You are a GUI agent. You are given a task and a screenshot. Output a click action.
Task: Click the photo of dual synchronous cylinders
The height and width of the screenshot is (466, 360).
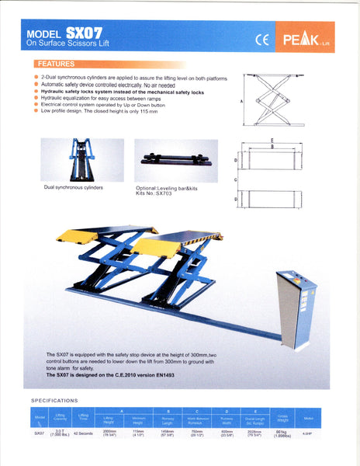pyautogui.click(x=81, y=160)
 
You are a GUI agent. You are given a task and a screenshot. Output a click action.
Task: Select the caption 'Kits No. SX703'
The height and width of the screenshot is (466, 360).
pyautogui.click(x=154, y=193)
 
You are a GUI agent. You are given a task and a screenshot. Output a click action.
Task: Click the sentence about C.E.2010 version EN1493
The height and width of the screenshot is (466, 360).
pyautogui.click(x=112, y=374)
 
